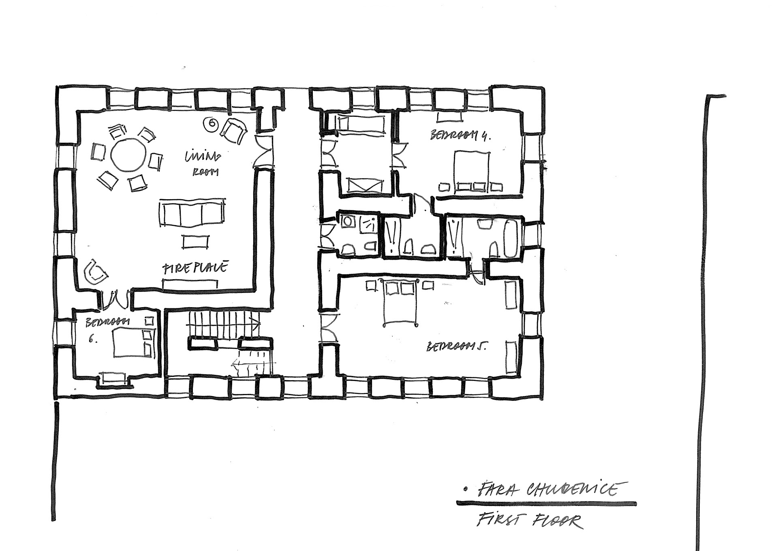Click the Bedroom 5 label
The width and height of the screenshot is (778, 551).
pyautogui.click(x=457, y=347)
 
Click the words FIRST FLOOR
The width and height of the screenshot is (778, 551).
pyautogui.click(x=529, y=521)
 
